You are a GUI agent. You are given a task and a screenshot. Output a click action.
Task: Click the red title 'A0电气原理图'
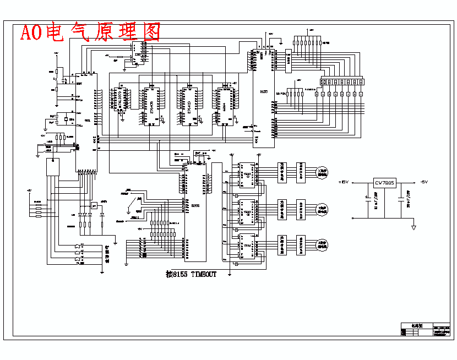tap(90, 33)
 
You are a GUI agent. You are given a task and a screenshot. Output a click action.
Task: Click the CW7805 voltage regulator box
tap(384, 182)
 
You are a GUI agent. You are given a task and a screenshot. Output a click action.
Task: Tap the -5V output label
tap(423, 182)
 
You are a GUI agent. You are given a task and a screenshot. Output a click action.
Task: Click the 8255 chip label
tap(195, 205)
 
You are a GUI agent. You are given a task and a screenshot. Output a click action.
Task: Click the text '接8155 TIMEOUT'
tap(191, 274)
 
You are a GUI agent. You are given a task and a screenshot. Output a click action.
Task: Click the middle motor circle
tap(323, 209)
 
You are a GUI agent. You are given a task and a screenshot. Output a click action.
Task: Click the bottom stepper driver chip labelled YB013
tap(247, 246)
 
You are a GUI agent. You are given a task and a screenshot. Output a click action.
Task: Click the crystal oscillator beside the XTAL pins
tap(66, 119)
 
